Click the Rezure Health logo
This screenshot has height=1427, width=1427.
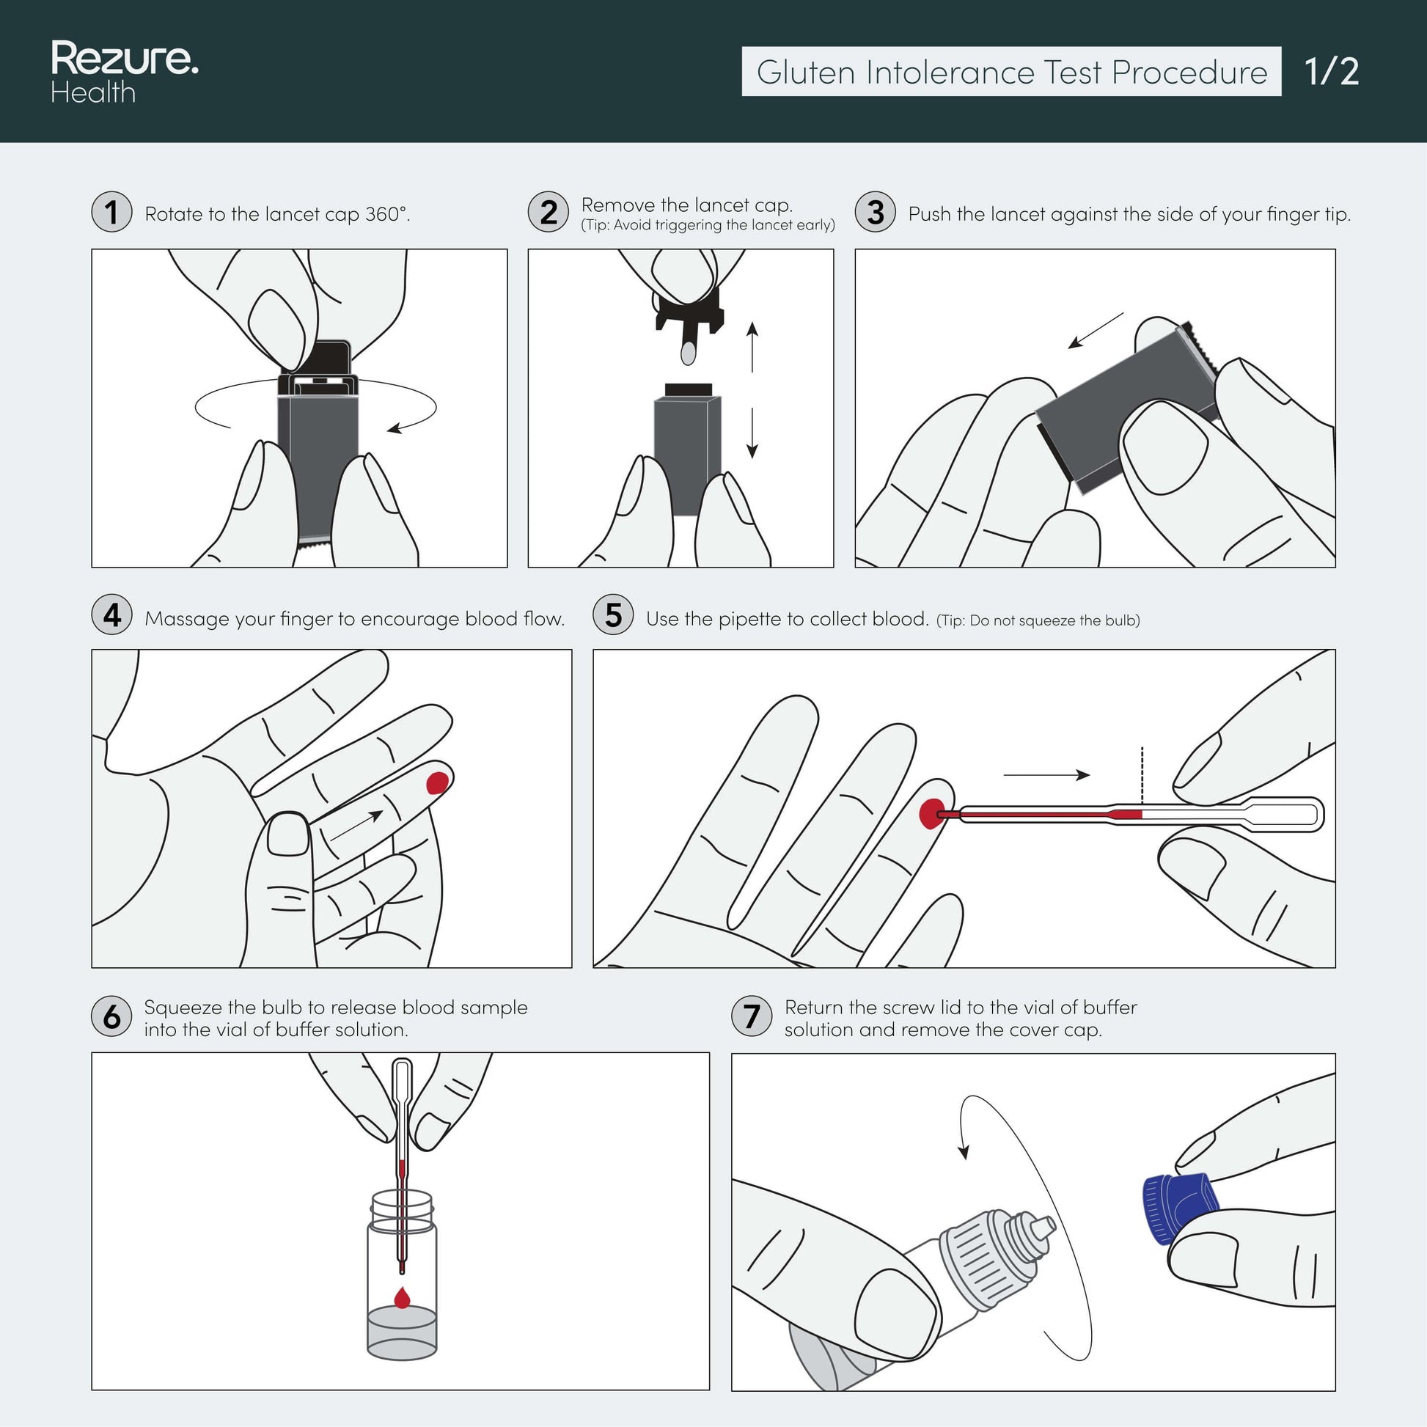click(x=124, y=72)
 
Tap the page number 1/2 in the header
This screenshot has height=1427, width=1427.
click(x=1331, y=72)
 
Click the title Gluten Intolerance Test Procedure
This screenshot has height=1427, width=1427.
click(x=1012, y=72)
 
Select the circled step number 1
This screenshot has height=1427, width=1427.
click(x=111, y=212)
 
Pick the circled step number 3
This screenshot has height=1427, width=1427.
click(x=876, y=212)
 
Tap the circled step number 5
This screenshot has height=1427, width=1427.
click(x=613, y=615)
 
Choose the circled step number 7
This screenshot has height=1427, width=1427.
click(x=751, y=1016)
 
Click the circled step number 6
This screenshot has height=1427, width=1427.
click(x=111, y=1016)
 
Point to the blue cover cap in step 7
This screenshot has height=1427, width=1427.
click(x=1180, y=1208)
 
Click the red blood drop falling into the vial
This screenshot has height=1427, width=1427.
click(x=402, y=1298)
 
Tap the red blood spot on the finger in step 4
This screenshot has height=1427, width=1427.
click(x=437, y=782)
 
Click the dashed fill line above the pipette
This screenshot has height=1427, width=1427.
click(x=1142, y=776)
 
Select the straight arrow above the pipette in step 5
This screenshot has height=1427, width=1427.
click(x=1046, y=775)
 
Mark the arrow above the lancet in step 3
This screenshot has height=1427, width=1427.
click(x=1096, y=329)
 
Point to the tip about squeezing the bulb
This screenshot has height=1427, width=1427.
click(x=1038, y=620)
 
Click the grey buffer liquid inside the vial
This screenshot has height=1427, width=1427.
click(x=402, y=1332)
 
